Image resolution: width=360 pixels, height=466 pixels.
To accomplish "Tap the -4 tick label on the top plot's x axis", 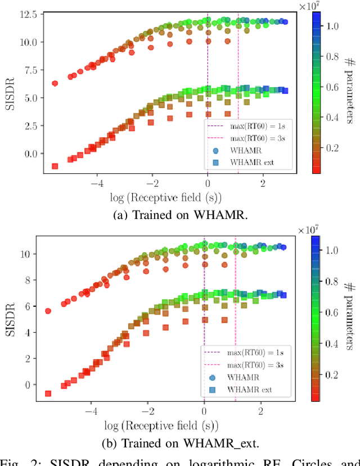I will click(x=96, y=183).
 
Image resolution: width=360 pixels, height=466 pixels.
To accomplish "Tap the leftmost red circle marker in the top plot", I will click(x=55, y=83).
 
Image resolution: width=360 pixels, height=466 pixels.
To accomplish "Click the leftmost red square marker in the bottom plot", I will click(x=48, y=393).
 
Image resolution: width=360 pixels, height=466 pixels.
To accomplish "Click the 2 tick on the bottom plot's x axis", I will click(x=260, y=411).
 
